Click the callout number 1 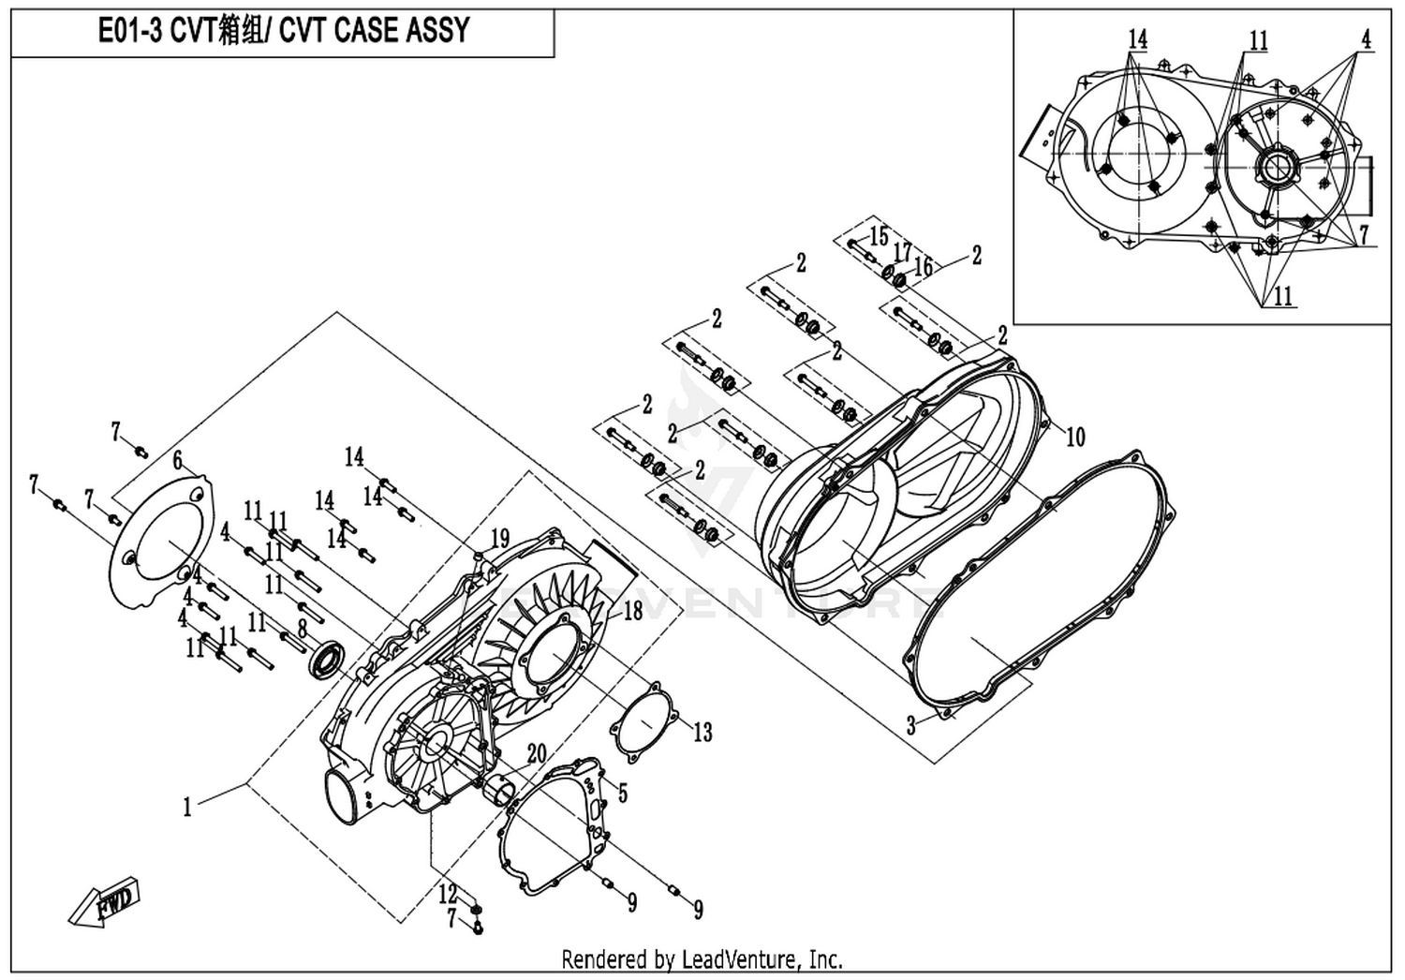click(x=187, y=806)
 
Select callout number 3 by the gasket click(x=911, y=725)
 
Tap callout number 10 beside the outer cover click(x=1075, y=436)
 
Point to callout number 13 click(x=702, y=732)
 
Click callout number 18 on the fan click(x=633, y=611)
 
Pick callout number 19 click(x=500, y=539)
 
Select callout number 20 click(x=536, y=754)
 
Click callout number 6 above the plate click(x=176, y=460)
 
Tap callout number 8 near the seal click(x=302, y=629)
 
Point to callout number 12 click(x=449, y=894)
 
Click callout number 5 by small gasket click(x=622, y=794)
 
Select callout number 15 click(x=879, y=235)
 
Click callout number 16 click(x=924, y=267)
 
